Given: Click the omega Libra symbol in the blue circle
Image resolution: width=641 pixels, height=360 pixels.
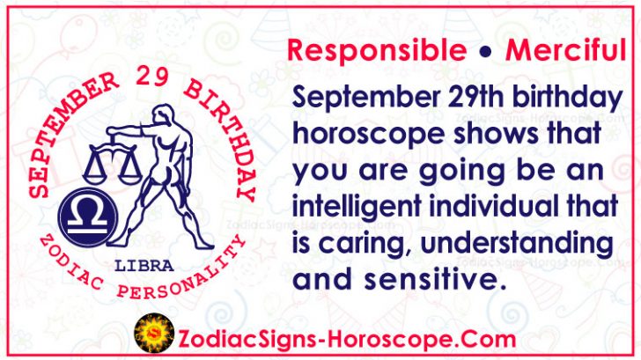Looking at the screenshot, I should (x=80, y=217).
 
